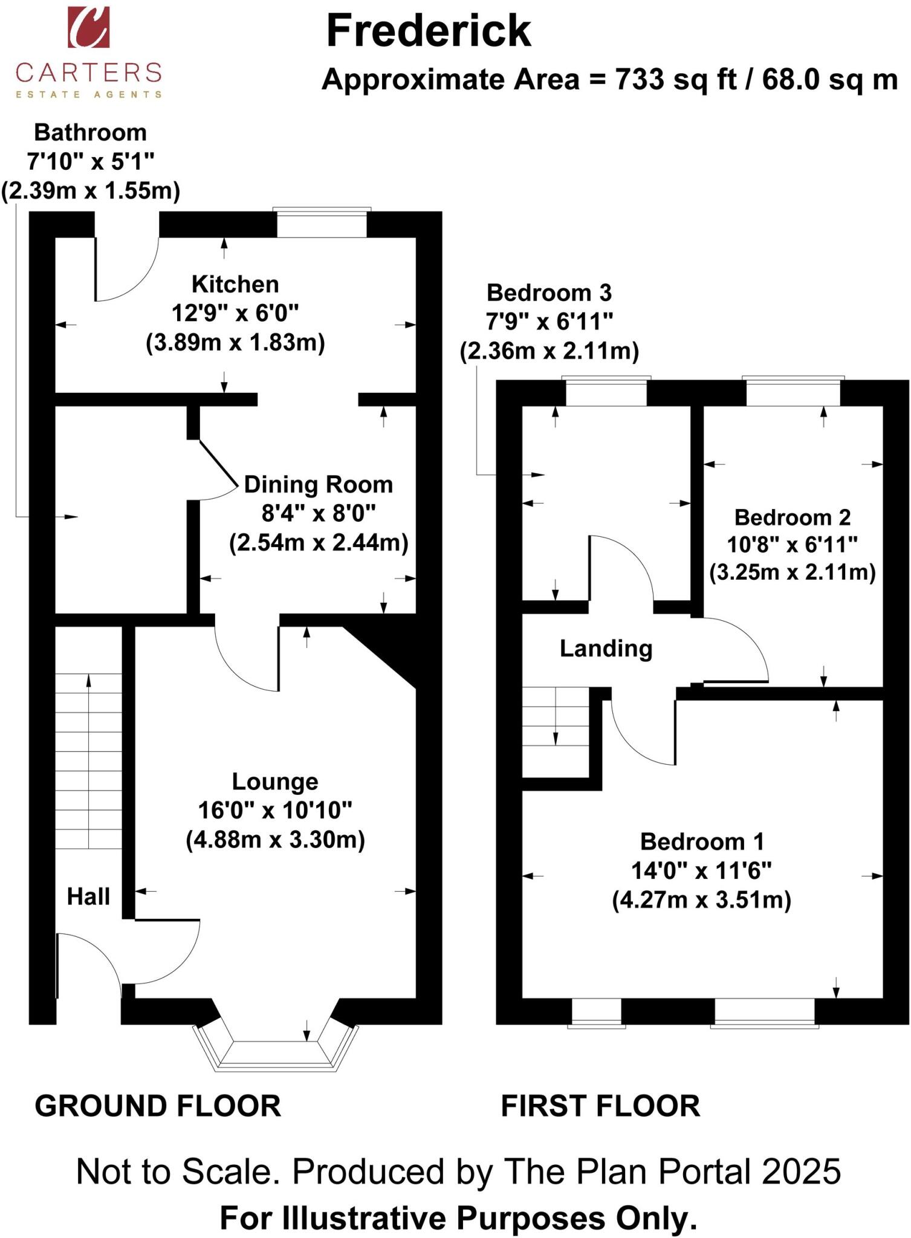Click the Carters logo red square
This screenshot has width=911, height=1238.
[88, 27]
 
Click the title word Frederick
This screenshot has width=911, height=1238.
[429, 31]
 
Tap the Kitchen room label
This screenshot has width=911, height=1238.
[235, 284]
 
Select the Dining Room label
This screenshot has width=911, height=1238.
[319, 485]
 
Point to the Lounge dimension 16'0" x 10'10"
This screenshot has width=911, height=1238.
[275, 810]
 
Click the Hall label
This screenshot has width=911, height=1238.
[88, 896]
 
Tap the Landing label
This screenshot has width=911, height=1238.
[606, 649]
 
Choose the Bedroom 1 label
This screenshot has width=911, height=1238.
[702, 841]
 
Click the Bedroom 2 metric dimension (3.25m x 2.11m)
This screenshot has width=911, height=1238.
[792, 572]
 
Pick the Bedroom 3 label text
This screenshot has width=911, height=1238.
[549, 293]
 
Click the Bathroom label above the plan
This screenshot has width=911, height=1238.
[90, 132]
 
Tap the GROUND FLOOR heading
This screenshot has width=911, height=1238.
[158, 1106]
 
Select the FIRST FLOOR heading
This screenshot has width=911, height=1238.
[600, 1106]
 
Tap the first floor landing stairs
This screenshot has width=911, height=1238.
[556, 731]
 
